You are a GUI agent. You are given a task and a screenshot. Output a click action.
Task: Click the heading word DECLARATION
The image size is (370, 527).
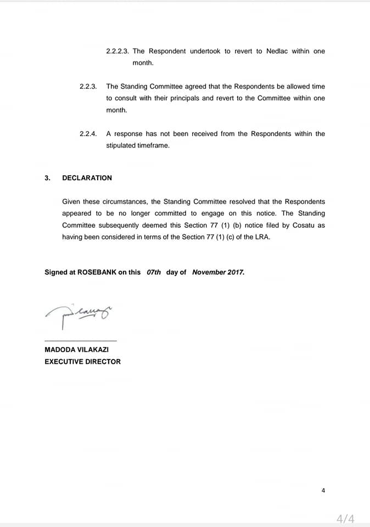(87, 178)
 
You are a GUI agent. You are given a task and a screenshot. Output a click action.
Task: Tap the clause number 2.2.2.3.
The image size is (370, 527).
(117, 51)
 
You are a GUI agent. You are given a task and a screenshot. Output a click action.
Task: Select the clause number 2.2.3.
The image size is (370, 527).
(88, 86)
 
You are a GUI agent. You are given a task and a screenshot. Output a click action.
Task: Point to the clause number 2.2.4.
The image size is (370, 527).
(88, 133)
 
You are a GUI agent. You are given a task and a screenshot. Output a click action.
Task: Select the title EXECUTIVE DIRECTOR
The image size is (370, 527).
(82, 362)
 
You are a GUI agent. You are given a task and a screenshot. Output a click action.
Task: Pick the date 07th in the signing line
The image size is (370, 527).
(154, 272)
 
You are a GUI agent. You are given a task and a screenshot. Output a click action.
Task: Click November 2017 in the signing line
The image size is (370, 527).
(218, 272)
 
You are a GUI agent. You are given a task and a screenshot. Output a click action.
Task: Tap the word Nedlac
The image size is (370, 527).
(277, 51)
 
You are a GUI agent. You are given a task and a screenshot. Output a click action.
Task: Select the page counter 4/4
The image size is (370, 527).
(345, 518)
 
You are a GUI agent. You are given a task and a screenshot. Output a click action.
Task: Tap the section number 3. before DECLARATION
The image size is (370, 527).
(47, 178)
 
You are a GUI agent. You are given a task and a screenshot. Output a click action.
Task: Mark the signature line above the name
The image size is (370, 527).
(80, 340)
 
